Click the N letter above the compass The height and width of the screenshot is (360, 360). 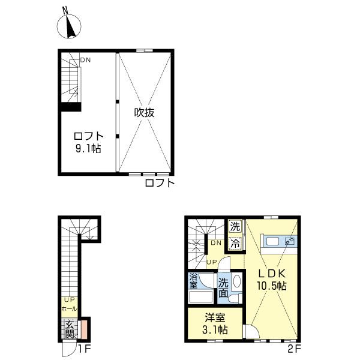pos(65,10)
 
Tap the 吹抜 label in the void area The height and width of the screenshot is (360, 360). pos(144,113)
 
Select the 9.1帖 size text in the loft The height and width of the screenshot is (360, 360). pos(88,149)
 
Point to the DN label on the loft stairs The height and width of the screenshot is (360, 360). pos(85,60)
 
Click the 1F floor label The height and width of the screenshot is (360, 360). pos(85,349)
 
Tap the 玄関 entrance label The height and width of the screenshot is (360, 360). pos(70,330)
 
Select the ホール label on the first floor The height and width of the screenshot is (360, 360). pos(69,309)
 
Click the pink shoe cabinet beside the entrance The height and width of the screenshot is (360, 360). pos(84,329)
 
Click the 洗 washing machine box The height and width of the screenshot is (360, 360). pos(235,227)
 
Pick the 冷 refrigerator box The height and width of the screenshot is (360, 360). pos(235,243)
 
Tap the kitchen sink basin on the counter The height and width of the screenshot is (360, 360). pos(272,241)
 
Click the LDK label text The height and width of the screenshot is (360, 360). pos(272,274)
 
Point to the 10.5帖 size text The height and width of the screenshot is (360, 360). pos(272,286)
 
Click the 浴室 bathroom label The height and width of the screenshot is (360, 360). pos(193,281)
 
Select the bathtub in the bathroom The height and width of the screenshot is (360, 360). pos(201,297)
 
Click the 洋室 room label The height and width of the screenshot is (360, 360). pos(215,318)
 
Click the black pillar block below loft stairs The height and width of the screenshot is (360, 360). pos(71,107)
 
